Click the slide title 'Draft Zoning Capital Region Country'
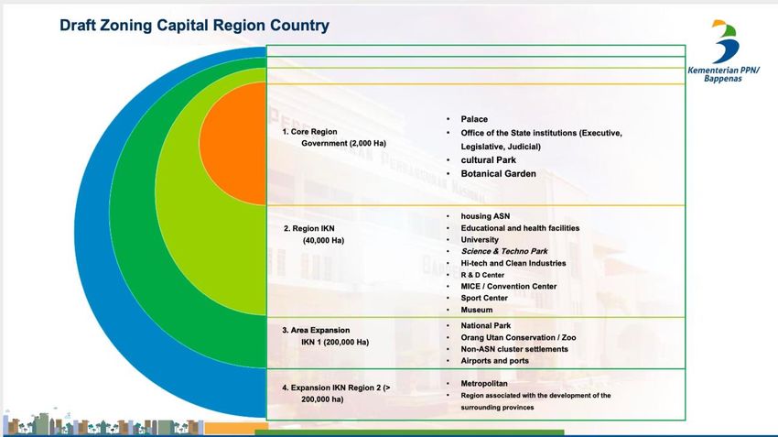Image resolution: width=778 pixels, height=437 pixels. [194, 26]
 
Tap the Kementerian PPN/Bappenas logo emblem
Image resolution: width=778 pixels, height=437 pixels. [725, 42]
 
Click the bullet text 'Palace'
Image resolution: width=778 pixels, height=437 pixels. [474, 119]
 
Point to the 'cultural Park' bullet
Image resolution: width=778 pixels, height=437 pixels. [488, 160]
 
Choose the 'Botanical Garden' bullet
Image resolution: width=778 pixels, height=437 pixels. [498, 174]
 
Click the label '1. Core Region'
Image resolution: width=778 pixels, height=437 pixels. [309, 132]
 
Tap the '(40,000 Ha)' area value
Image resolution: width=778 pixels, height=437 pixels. [323, 240]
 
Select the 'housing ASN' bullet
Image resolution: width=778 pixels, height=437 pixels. [485, 216]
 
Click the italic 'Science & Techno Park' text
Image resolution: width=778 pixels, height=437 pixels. [504, 251]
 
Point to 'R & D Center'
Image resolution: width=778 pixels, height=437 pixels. [482, 275]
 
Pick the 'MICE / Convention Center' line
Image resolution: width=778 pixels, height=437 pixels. [509, 287]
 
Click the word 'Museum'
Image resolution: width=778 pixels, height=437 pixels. [476, 310]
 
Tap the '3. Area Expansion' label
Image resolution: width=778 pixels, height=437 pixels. [316, 330]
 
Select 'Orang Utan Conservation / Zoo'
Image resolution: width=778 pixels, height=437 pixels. [518, 338]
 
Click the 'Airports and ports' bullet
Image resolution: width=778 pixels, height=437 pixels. [494, 361]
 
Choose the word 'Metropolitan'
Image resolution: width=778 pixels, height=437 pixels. [484, 383]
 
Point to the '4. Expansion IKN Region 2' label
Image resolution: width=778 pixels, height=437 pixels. [336, 388]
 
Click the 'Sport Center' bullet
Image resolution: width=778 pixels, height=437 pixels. [484, 298]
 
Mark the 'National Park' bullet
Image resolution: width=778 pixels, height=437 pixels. [485, 326]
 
